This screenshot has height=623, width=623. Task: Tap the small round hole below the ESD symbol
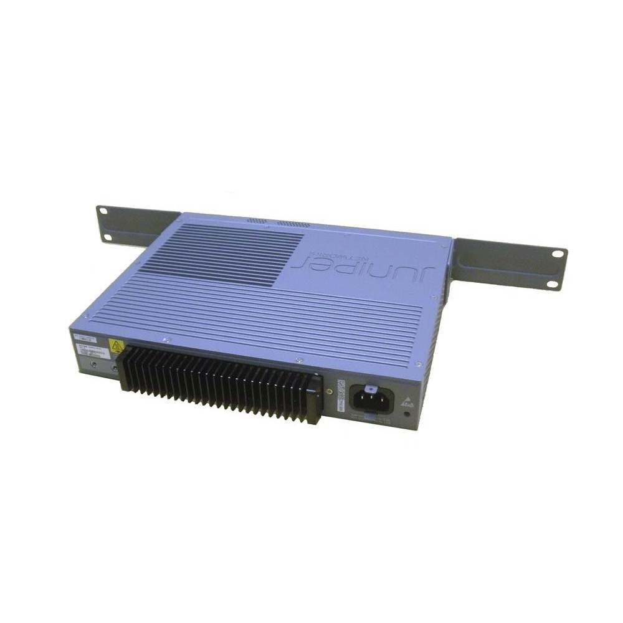pyautogui.click(x=407, y=413)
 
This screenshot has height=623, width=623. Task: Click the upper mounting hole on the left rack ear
pyautogui.click(x=103, y=211)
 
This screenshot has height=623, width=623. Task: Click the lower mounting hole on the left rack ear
pyautogui.click(x=107, y=237)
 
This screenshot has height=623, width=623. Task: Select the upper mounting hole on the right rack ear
pyautogui.click(x=556, y=254)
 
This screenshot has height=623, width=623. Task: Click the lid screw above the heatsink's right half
pyautogui.click(x=300, y=360)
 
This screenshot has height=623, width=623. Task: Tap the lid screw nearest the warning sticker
pyautogui.click(x=166, y=340)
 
